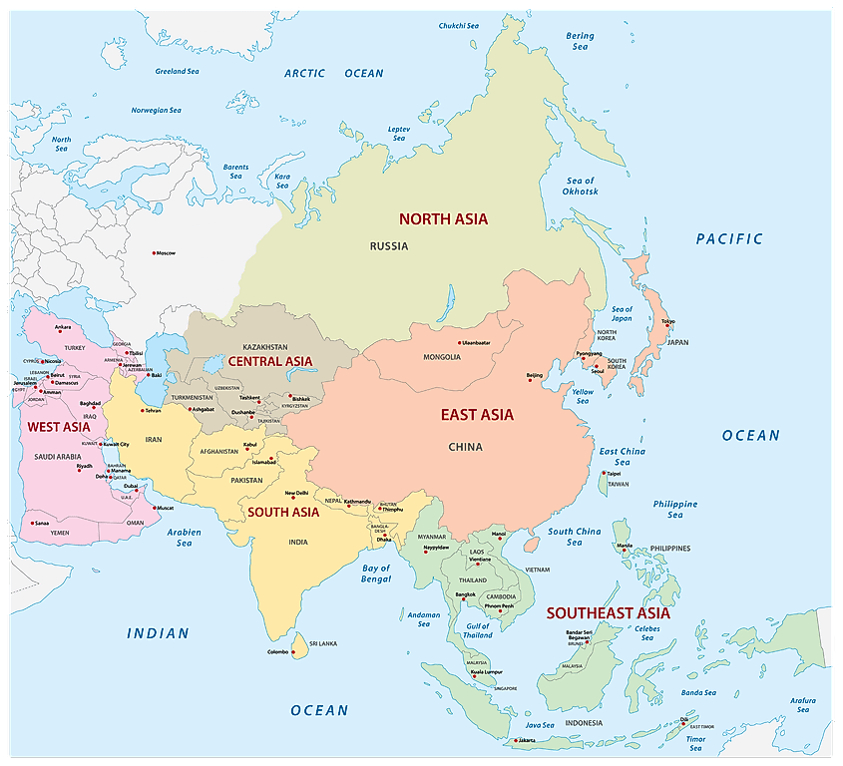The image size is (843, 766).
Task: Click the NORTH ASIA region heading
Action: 443,218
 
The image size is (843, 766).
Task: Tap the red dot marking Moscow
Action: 153,252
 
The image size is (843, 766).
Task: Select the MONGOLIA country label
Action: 442,357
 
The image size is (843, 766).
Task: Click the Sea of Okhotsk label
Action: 579,186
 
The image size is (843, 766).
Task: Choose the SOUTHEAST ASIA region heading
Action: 608,612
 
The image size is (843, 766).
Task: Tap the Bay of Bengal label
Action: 376,574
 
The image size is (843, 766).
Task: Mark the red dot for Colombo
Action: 294,652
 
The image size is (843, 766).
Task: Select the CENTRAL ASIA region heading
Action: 269,361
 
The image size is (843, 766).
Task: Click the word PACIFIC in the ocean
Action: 729,238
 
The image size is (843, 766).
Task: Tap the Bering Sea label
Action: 580,41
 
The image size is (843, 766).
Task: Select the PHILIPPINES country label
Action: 669,548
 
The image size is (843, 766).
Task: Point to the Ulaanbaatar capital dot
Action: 456,344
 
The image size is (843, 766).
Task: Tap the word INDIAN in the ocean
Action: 158,632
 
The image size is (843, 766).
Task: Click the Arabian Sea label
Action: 185,538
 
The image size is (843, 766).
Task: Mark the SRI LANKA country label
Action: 321,644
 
